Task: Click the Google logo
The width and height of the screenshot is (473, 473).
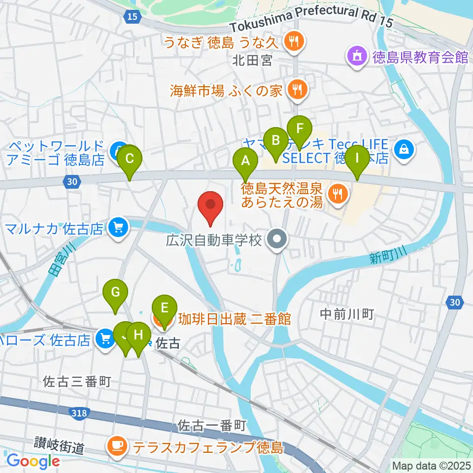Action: (x=33, y=461)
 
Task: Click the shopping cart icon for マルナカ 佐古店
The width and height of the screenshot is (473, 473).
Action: (x=119, y=228)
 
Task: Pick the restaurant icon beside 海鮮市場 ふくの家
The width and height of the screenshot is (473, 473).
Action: (x=297, y=90)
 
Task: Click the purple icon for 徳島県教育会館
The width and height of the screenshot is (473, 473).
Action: (x=357, y=57)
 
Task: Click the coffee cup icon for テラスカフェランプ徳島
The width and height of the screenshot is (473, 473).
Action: (x=117, y=447)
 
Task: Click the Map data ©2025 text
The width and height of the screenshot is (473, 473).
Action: (x=431, y=465)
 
